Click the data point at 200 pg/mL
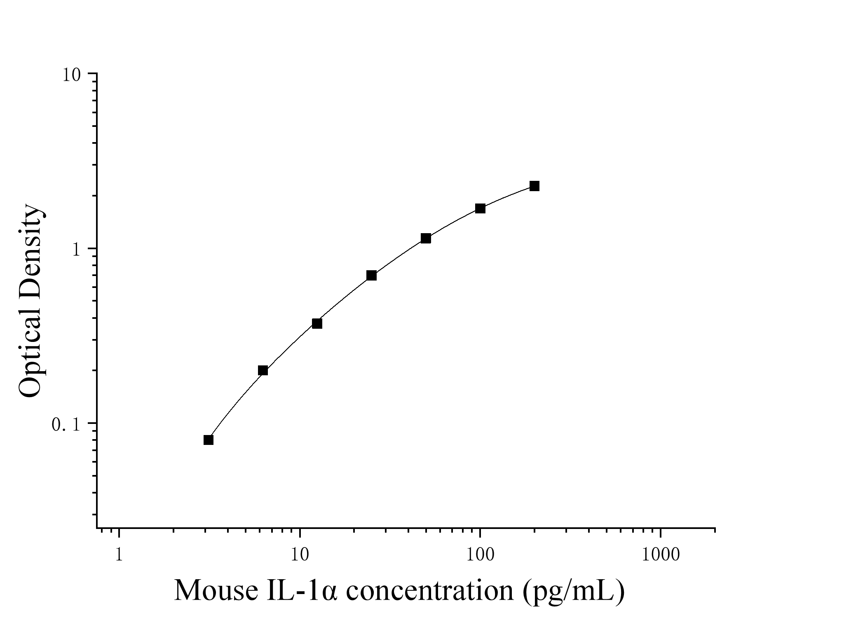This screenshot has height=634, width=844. point(534,186)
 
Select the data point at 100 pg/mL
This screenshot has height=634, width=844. point(480,208)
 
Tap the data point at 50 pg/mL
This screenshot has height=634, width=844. point(426,239)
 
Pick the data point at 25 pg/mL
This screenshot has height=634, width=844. point(371,276)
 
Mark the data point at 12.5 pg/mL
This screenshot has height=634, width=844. point(317,324)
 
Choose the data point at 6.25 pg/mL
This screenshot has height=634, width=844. point(263,370)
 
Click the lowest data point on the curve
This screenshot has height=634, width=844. point(209,440)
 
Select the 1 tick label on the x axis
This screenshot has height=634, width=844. point(119,555)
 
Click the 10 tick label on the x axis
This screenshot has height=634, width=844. point(300,555)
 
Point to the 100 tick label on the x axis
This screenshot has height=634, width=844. point(480,555)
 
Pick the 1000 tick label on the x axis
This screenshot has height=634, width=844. point(661,555)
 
